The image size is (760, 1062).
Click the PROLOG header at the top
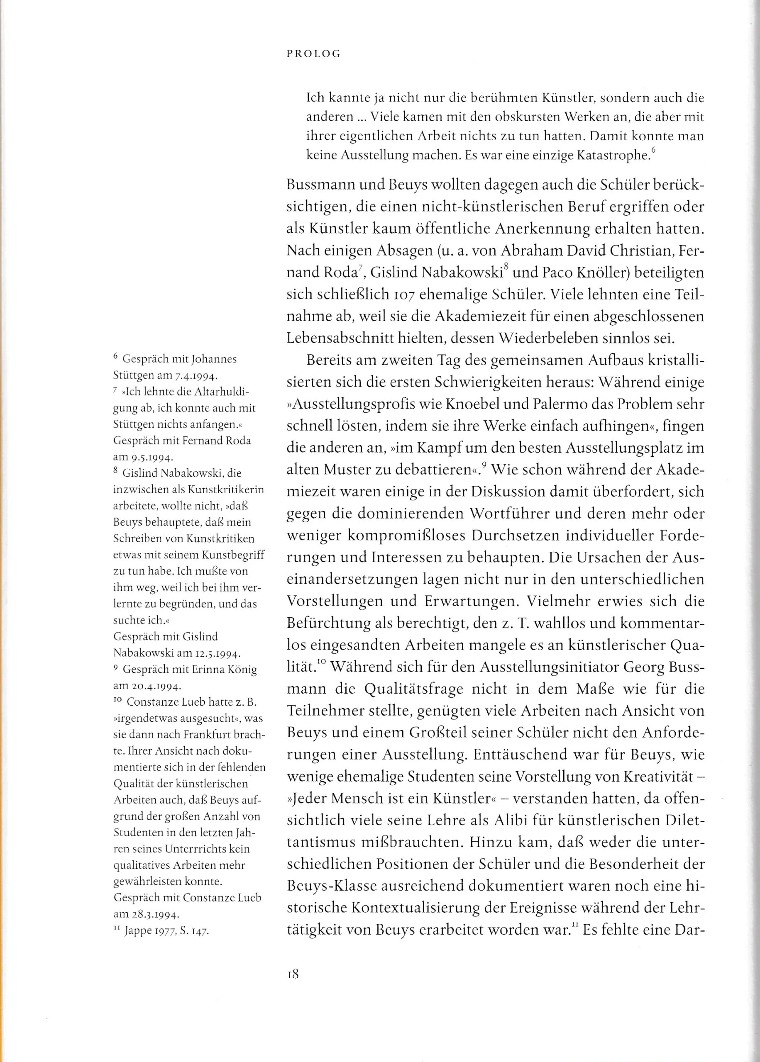pyautogui.click(x=313, y=54)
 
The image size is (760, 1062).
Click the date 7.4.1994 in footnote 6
pyautogui.click(x=196, y=376)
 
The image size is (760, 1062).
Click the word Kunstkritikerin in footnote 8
pyautogui.click(x=225, y=490)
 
